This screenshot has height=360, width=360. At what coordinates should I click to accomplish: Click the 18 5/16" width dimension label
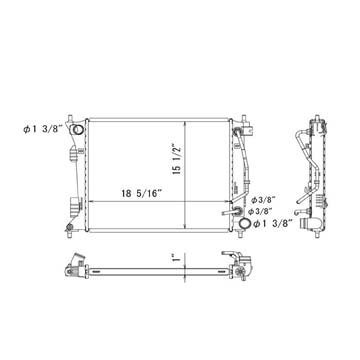pos(142,194)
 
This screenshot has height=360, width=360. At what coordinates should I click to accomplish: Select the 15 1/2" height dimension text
pos(177,159)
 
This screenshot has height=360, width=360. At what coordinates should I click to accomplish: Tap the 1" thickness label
pos(177,257)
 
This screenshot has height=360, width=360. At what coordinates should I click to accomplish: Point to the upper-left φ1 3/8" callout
pos(43,130)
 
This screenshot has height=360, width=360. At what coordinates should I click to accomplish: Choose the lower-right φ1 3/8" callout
pos(273,223)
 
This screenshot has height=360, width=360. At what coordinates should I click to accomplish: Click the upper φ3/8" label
pos(263,200)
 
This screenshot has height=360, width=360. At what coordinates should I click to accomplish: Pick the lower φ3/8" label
pos(262,211)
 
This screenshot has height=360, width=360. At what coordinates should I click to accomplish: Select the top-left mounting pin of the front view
pos(70,119)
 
